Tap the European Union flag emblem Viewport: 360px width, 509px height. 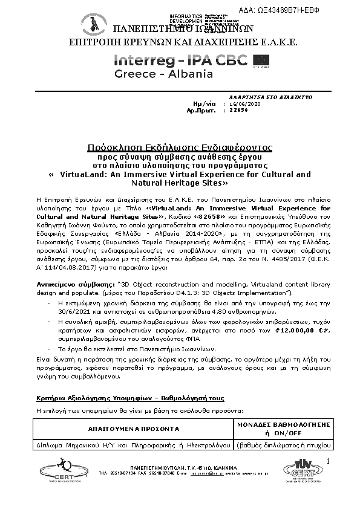coord(262,60)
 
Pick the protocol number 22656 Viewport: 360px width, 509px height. coord(239,111)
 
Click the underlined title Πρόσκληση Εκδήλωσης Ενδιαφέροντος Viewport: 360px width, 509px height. coord(180,147)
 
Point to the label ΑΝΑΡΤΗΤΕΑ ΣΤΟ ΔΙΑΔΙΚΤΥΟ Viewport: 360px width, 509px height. coord(261,97)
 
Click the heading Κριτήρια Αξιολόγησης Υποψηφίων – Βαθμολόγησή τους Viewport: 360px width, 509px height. coord(130,398)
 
